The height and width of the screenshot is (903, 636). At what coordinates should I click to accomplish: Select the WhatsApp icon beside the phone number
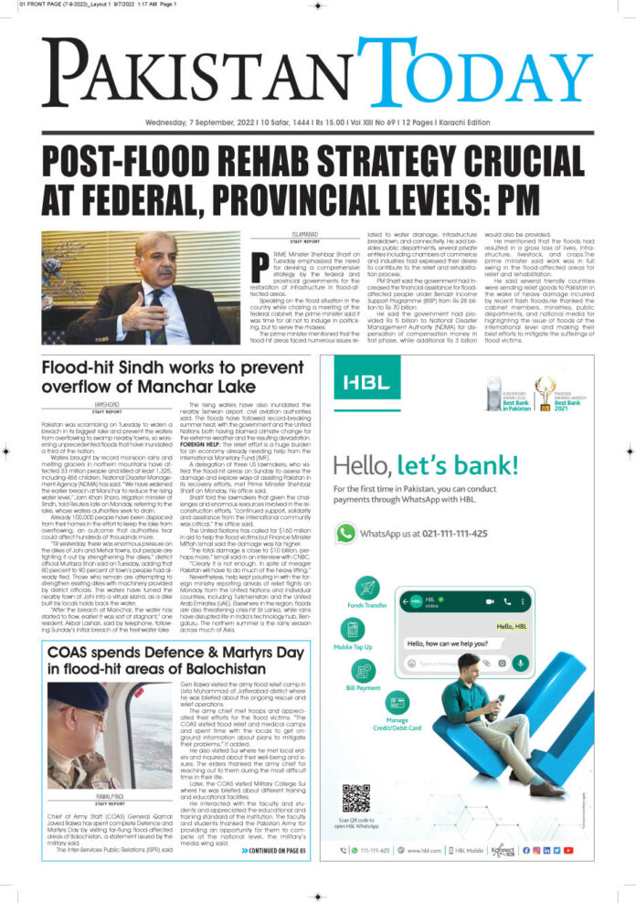tap(345, 532)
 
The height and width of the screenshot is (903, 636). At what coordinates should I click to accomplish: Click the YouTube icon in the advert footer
tap(568, 850)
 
